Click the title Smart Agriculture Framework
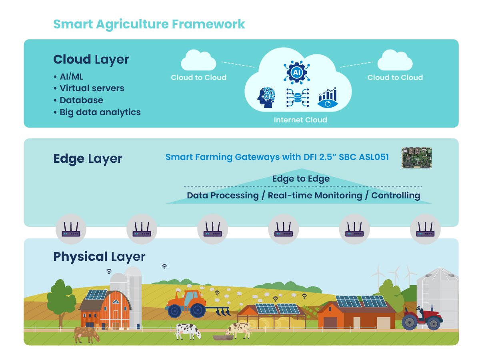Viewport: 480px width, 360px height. click(149, 24)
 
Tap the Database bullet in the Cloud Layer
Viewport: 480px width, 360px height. click(81, 100)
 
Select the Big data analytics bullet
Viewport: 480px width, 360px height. click(100, 112)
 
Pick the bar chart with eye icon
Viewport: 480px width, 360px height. click(327, 98)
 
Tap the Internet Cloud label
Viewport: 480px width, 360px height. click(300, 120)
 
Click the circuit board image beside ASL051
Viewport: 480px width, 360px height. click(417, 157)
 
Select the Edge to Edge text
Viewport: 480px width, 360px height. click(301, 178)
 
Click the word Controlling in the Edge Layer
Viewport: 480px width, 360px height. click(396, 195)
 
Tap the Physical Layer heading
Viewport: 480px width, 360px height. click(99, 256)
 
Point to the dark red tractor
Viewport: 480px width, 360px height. click(422, 318)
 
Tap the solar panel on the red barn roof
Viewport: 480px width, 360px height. click(96, 295)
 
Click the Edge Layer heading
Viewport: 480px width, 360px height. click(88, 158)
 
